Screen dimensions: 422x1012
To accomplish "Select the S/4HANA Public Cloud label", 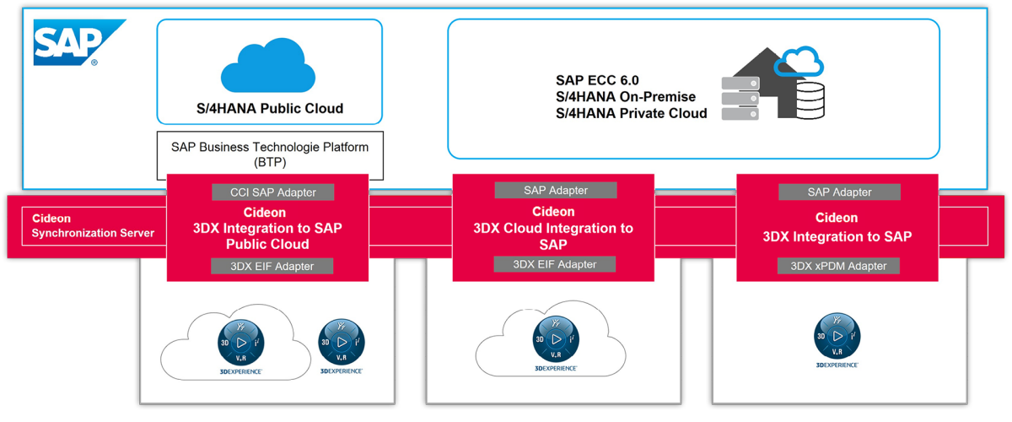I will pos(269,109).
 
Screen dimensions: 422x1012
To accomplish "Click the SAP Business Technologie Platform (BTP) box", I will pos(269,154).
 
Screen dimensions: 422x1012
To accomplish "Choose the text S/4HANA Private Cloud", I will pos(631,113).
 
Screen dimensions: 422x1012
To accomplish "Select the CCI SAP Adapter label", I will pos(267,192).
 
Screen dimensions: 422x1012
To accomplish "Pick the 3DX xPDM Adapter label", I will pos(838,266).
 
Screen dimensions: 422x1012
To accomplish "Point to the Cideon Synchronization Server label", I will pos(93,225).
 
